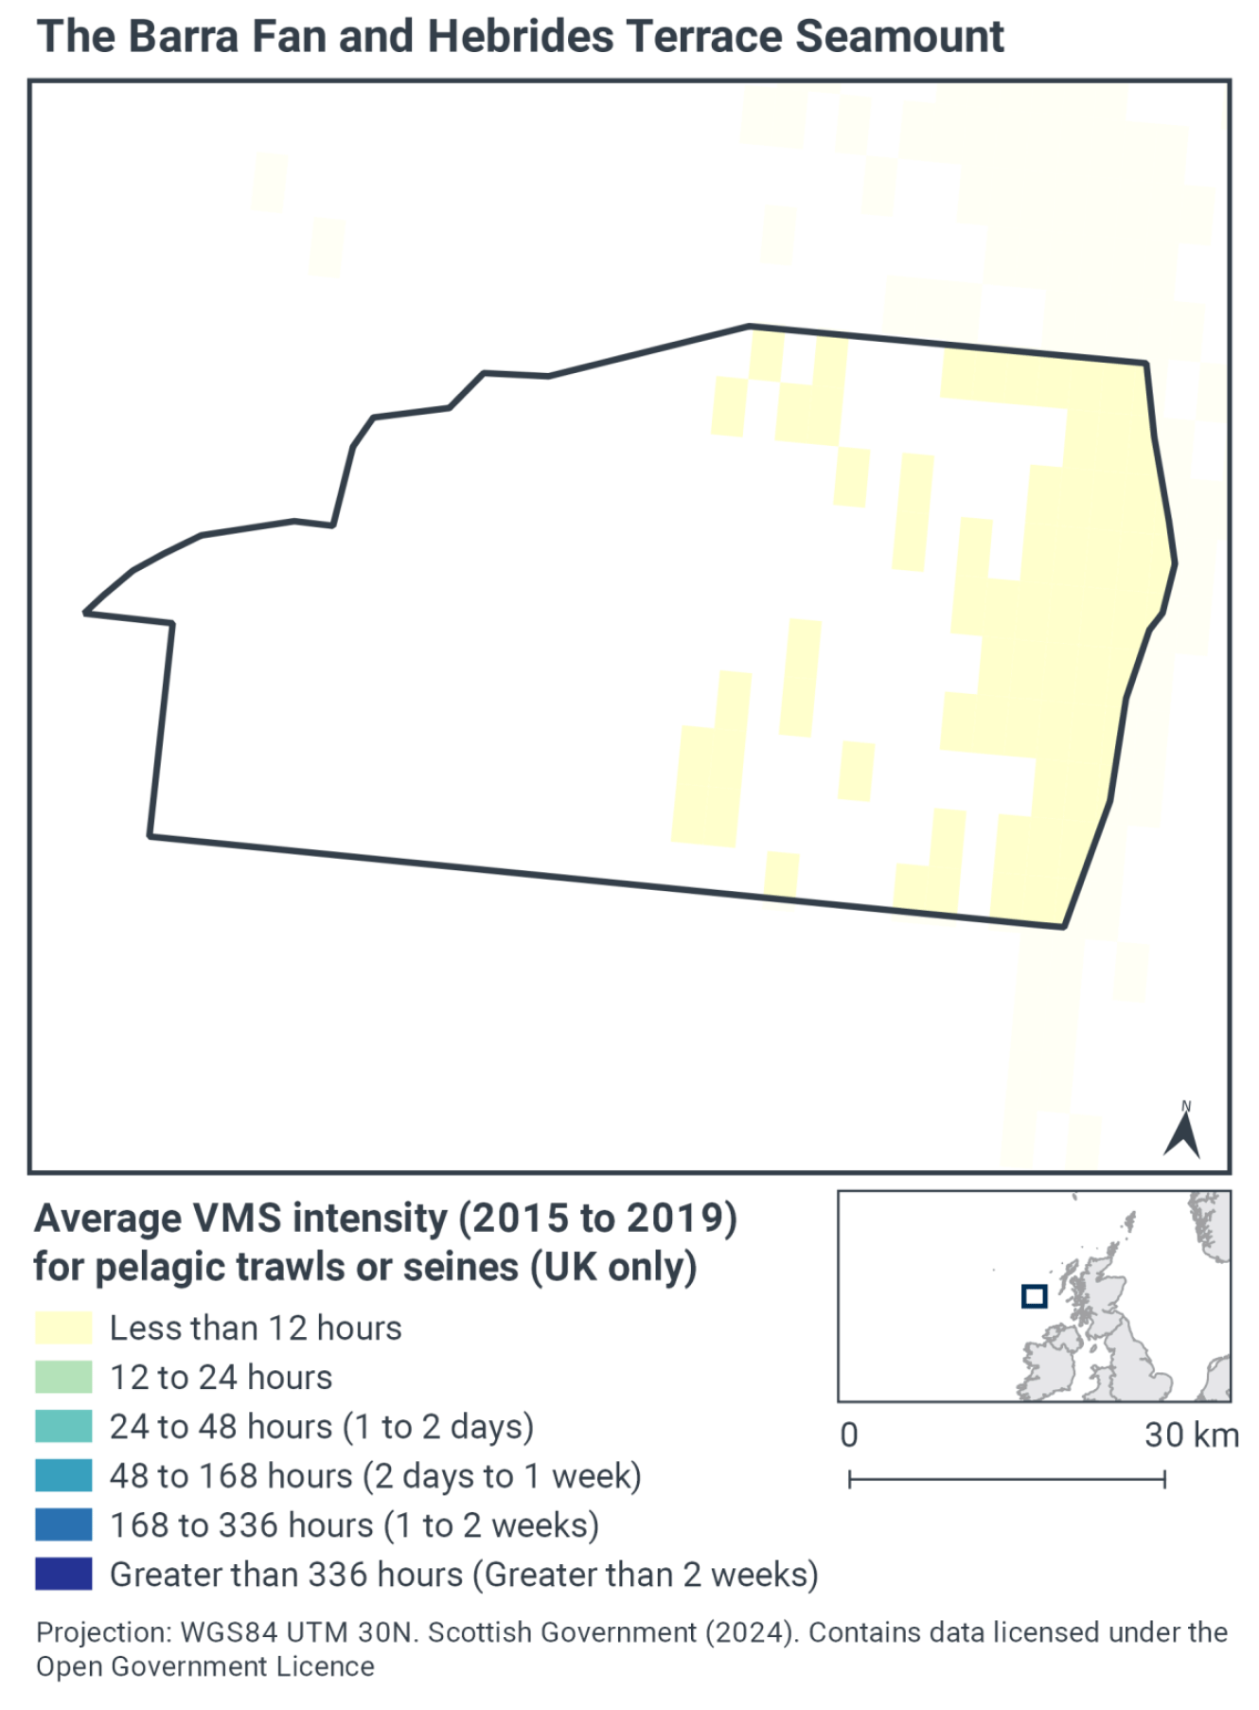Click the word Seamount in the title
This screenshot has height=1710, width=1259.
[899, 37]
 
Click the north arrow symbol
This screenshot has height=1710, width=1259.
[1182, 1131]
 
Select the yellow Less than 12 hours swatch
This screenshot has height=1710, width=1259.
[63, 1327]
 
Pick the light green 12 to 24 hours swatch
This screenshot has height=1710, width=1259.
[63, 1377]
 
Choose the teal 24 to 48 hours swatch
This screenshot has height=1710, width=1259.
[63, 1426]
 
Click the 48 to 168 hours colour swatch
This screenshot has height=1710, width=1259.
[63, 1475]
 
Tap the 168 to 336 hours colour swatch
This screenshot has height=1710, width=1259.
[63, 1524]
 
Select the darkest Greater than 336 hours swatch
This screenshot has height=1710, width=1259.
[63, 1574]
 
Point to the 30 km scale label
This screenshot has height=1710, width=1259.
[1191, 1435]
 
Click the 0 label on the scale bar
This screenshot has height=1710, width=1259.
[849, 1435]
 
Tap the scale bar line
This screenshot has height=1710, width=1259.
[1006, 1479]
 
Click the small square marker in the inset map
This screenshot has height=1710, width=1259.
[1034, 1296]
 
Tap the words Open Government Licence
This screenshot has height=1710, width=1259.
[205, 1666]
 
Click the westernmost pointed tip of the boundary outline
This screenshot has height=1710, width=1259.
[86, 613]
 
